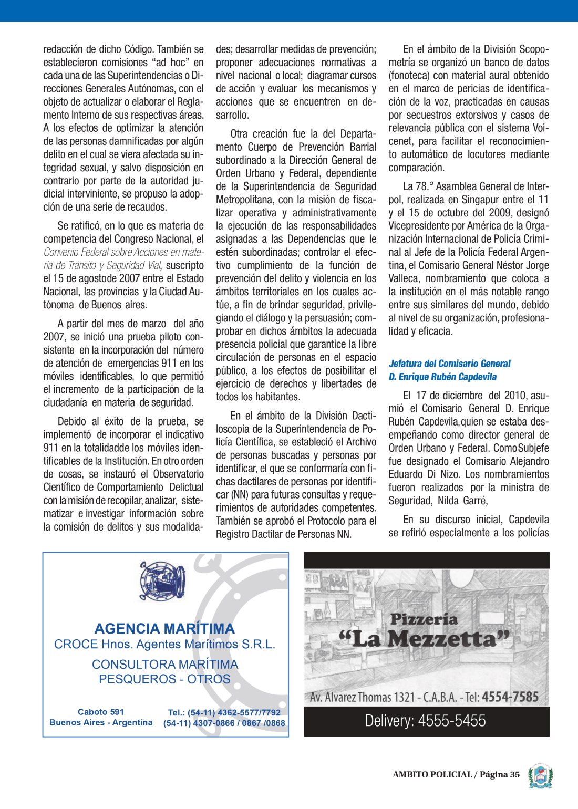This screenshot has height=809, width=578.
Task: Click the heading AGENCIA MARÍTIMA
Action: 164,629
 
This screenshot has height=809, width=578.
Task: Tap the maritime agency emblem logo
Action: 162,581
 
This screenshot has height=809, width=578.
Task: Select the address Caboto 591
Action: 101,712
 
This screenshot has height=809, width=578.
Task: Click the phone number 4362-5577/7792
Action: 249,713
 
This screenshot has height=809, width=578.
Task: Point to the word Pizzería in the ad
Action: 424,619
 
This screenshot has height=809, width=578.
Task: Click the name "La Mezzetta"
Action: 425,639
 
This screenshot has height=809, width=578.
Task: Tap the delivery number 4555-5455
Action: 451,721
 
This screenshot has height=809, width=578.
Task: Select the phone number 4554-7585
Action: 510,697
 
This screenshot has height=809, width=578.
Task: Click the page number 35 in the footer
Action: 514,774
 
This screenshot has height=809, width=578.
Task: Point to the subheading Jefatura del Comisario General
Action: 449,364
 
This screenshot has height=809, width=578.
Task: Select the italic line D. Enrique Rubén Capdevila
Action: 442,377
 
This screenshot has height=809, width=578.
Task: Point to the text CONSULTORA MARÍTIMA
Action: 165,665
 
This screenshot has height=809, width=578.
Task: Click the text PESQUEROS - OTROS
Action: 164,679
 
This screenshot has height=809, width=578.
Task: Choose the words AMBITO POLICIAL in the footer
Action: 432,774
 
